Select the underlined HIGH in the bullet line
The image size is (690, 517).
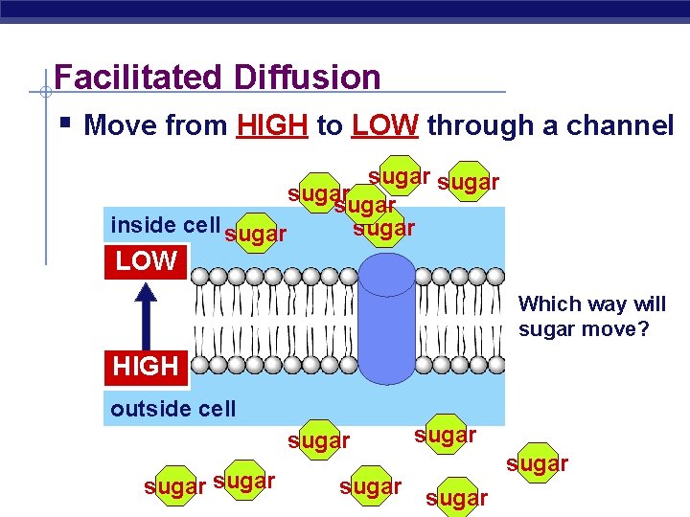point(272,125)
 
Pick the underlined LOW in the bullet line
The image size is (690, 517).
point(385,125)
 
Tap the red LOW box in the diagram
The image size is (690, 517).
point(146,260)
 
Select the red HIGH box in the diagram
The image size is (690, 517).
point(146,366)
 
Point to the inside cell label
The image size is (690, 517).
point(165,225)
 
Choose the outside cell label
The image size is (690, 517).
point(172,409)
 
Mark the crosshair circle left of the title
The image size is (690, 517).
point(45,92)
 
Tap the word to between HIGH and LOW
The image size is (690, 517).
point(329,125)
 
